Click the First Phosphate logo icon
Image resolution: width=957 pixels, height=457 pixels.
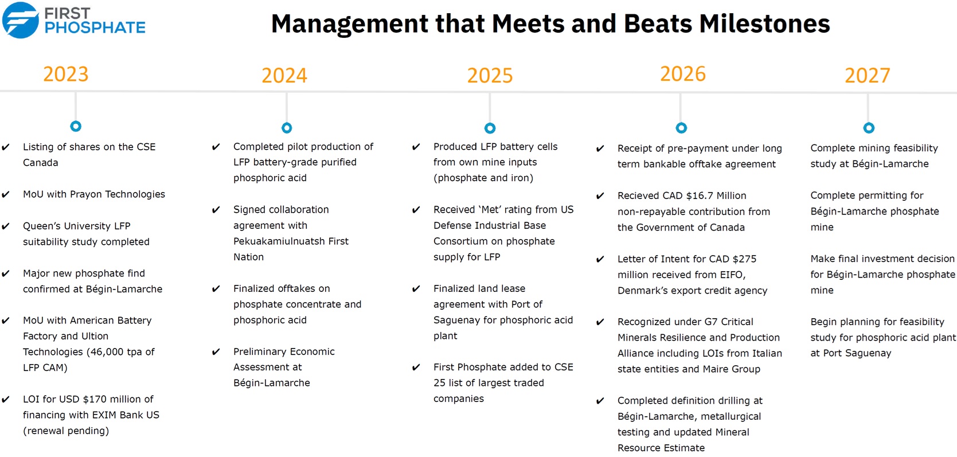tap(21, 20)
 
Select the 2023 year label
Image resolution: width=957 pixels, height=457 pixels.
tap(66, 75)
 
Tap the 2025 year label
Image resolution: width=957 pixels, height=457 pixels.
tap(490, 76)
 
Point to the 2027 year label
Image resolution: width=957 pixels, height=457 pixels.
tap(868, 76)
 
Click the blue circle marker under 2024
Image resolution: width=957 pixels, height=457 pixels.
tap(287, 128)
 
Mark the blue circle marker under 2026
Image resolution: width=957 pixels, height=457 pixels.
tap(681, 128)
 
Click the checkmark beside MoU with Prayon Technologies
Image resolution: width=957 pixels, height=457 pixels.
tap(6, 194)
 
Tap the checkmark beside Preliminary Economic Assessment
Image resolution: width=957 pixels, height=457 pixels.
tap(216, 351)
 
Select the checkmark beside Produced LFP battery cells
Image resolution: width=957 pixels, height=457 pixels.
tap(416, 147)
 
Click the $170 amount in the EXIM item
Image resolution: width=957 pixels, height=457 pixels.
tap(95, 399)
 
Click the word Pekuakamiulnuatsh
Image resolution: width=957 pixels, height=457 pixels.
tap(279, 241)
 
